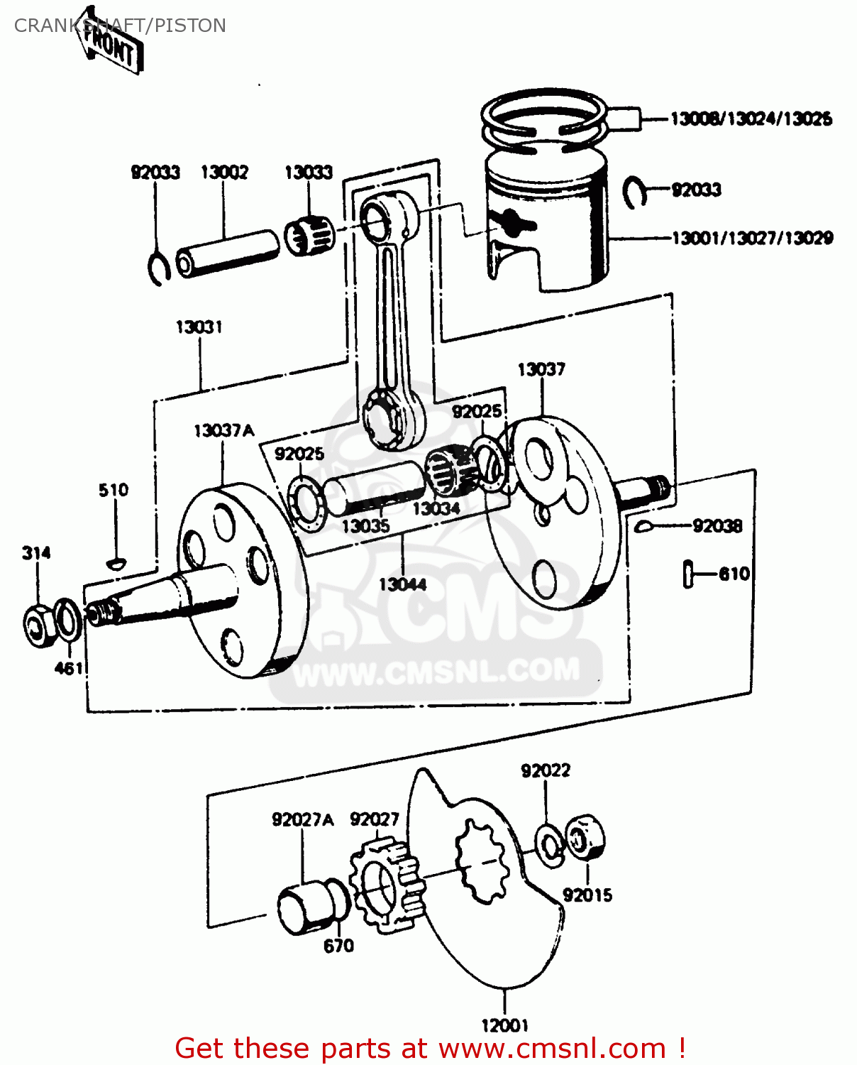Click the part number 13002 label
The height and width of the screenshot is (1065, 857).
[224, 173]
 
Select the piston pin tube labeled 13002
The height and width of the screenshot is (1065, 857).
[227, 253]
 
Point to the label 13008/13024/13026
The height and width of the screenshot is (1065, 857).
[751, 119]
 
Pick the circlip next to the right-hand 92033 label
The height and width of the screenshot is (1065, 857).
[634, 192]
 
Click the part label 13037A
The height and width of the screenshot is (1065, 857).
[223, 430]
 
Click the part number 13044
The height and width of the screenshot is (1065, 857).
[402, 584]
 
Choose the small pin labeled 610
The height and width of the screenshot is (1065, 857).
[687, 574]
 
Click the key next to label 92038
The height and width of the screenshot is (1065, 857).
[644, 526]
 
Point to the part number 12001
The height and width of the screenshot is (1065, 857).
[504, 1025]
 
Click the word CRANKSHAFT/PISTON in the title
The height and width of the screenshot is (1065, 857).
[120, 26]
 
